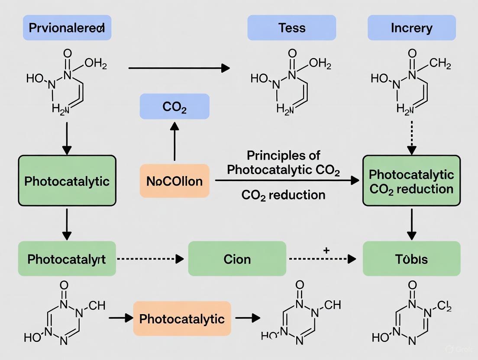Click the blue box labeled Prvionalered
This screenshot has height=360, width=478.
[67, 28]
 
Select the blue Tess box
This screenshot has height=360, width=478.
[291, 28]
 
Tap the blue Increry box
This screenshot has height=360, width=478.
[411, 28]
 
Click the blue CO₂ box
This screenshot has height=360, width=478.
[174, 106]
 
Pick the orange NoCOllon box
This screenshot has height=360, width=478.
[174, 180]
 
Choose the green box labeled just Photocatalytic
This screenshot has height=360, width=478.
[67, 180]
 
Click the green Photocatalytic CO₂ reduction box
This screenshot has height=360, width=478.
[411, 180]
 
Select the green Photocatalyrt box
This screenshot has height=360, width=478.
[67, 259]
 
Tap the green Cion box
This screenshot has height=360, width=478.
[237, 259]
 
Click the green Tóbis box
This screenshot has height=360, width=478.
[411, 259]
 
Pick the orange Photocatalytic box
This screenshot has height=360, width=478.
[182, 319]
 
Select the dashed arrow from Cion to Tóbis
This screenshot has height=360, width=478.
[322, 259]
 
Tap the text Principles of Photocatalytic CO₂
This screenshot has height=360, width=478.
[284, 163]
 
